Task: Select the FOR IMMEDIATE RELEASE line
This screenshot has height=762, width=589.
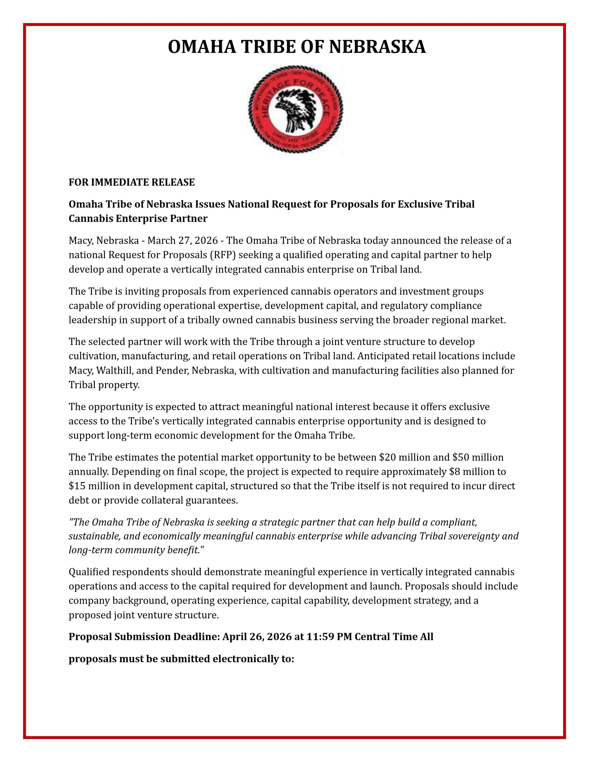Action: pos(132,182)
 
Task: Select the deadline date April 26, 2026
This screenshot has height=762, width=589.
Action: pos(257,637)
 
